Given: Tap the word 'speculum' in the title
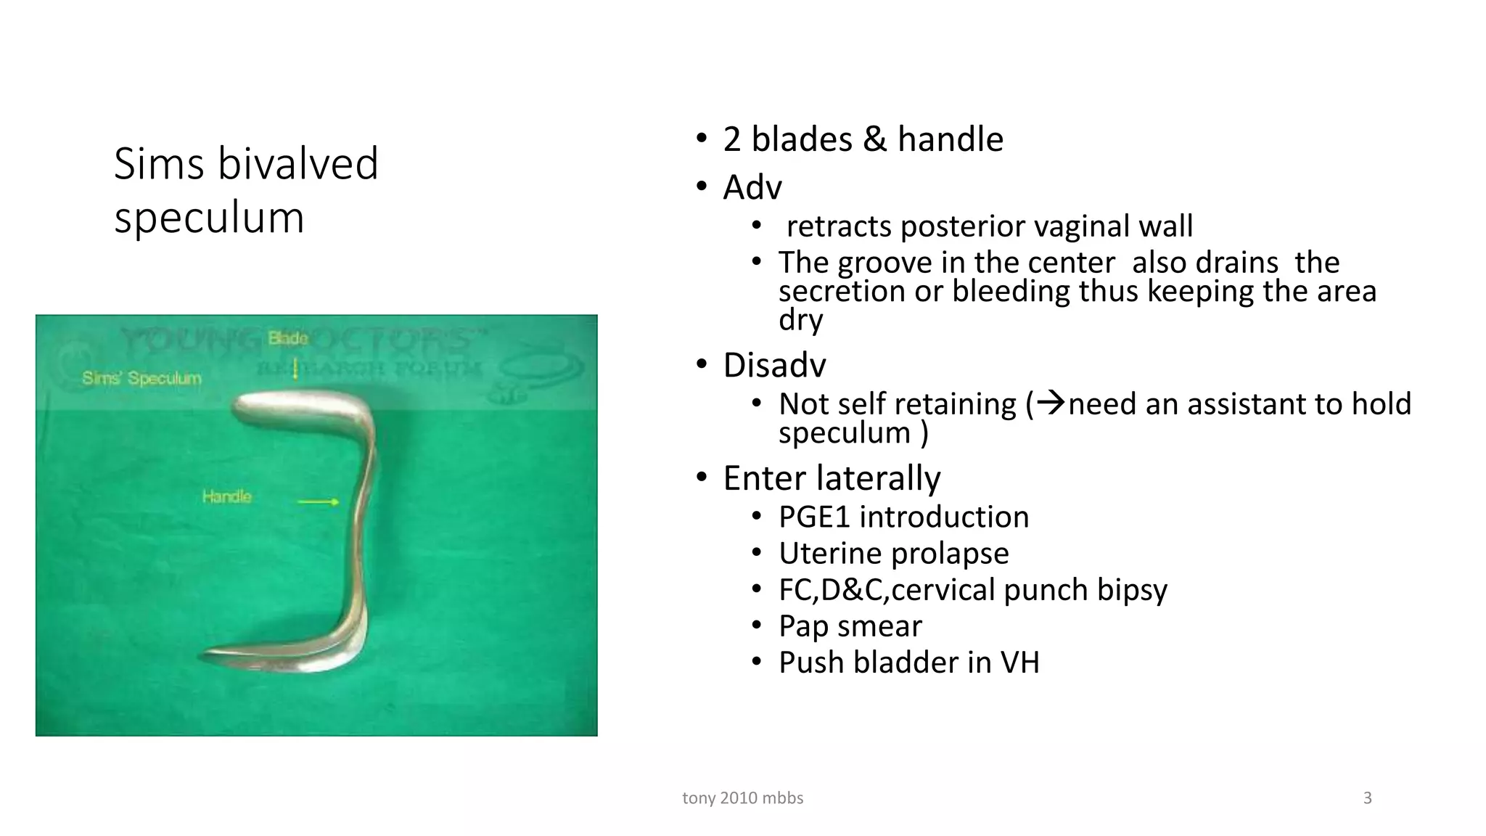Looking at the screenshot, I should [x=209, y=217].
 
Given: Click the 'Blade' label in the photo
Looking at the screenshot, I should [x=288, y=338].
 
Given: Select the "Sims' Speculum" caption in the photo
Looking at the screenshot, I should [x=141, y=378].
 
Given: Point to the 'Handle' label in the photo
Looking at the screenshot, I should [x=226, y=497].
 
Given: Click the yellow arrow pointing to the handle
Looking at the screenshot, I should [x=319, y=501].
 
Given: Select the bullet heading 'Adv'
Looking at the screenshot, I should [x=752, y=187].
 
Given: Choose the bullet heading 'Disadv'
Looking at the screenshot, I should [x=774, y=365].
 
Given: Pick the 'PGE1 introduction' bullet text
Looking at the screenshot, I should [x=903, y=517].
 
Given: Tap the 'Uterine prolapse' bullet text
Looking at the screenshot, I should [x=893, y=554].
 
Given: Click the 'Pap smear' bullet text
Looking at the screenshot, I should [x=850, y=626].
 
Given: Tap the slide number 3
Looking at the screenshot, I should [x=1367, y=798].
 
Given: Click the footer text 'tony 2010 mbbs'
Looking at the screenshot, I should [x=742, y=798].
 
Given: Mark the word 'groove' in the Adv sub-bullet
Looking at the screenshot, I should [x=884, y=263].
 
